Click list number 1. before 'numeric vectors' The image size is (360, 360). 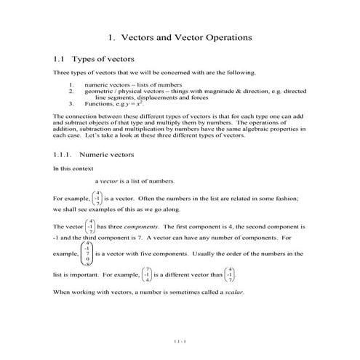point(71,85)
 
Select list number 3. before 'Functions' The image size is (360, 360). point(71,103)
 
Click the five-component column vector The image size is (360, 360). point(87,254)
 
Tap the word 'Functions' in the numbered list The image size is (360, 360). point(97,103)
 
